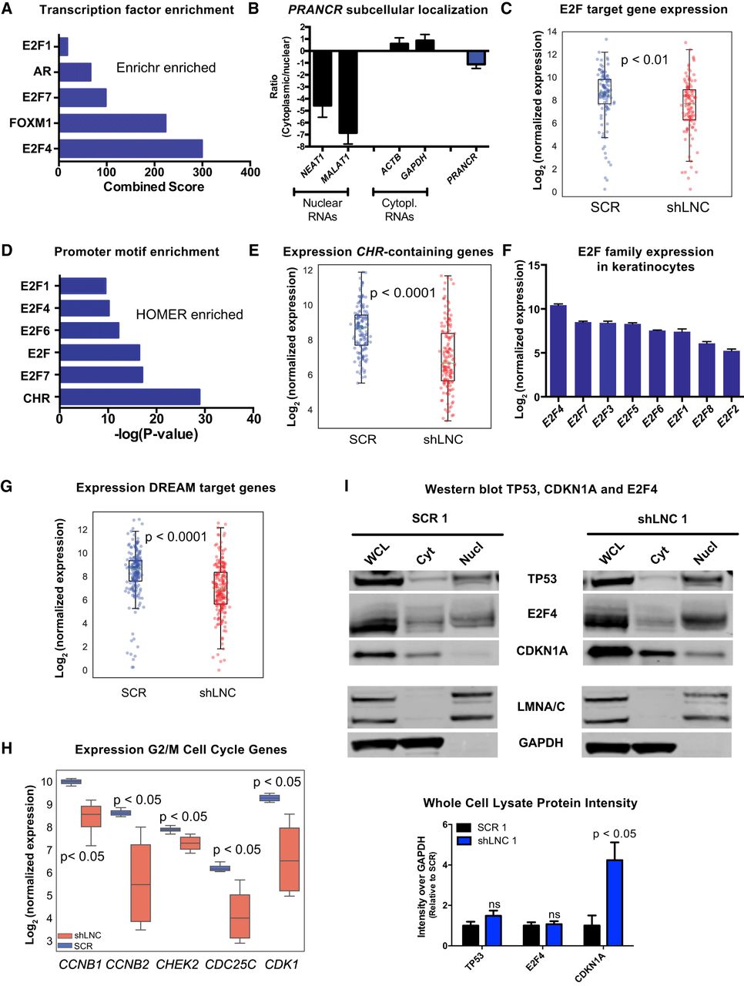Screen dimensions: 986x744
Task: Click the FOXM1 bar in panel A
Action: point(112,123)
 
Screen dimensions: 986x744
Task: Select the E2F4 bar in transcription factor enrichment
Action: point(130,149)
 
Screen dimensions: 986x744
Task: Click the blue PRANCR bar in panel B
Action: point(476,58)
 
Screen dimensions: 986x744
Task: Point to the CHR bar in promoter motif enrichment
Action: point(129,397)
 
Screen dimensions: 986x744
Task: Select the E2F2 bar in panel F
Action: point(730,373)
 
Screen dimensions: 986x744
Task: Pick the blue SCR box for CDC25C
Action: point(220,868)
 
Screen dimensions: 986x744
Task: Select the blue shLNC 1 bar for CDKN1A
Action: point(615,902)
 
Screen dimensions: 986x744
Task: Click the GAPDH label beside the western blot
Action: point(541,743)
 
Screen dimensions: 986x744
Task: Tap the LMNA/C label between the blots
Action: point(541,706)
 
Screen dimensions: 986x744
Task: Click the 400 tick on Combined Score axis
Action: point(250,172)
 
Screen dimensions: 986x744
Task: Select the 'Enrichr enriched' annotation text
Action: point(166,68)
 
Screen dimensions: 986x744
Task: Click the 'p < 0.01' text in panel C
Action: point(644,59)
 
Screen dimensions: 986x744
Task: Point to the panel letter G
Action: point(7,487)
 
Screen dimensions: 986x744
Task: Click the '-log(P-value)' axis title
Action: point(155,434)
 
